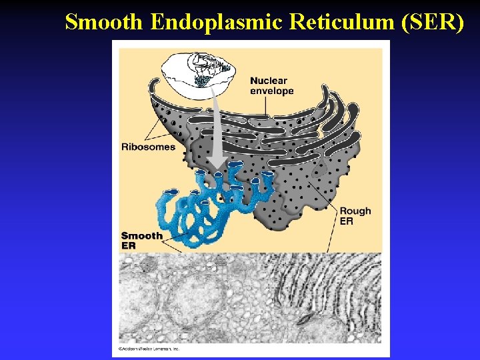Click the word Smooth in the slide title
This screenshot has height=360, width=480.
pyautogui.click(x=105, y=22)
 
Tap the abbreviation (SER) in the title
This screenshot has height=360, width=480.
pyautogui.click(x=433, y=22)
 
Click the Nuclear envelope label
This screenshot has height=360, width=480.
pyautogui.click(x=271, y=86)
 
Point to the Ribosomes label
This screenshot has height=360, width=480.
pyautogui.click(x=148, y=147)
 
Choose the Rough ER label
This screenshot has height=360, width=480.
pyautogui.click(x=355, y=216)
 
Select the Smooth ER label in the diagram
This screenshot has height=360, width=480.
pyautogui.click(x=141, y=240)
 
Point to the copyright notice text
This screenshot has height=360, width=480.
pyautogui.click(x=149, y=349)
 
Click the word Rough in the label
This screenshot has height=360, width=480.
pyautogui.click(x=355, y=211)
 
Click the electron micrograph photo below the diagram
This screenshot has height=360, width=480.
pyautogui.click(x=249, y=298)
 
